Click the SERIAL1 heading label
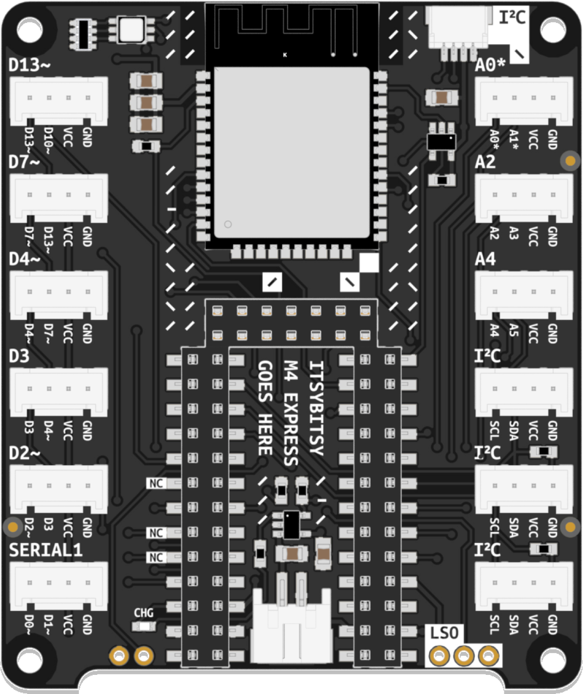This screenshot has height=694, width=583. click(x=46, y=550)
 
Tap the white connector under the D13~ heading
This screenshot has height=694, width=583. click(x=59, y=99)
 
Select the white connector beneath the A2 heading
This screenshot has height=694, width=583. click(x=524, y=195)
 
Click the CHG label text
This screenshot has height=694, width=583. click(x=143, y=612)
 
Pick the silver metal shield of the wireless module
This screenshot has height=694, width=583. click(x=291, y=153)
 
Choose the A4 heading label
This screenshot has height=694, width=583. click(x=485, y=259)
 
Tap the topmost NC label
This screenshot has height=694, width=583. click(x=156, y=483)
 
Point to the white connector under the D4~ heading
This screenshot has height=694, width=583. click(x=59, y=293)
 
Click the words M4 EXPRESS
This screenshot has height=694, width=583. click(x=291, y=412)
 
